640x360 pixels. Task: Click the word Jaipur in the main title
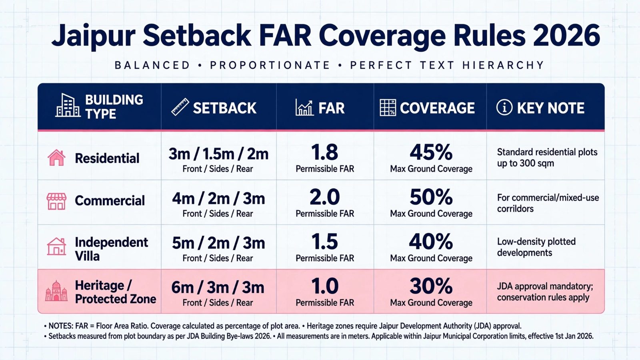pyautogui.click(x=93, y=36)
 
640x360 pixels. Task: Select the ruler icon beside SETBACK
pyautogui.click(x=180, y=107)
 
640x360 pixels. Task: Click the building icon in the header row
pyautogui.click(x=68, y=105)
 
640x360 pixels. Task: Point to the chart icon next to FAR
pyautogui.click(x=304, y=108)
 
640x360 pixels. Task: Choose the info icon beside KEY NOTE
pyautogui.click(x=504, y=108)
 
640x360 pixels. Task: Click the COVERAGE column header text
pyautogui.click(x=437, y=108)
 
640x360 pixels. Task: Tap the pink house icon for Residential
pyautogui.click(x=56, y=158)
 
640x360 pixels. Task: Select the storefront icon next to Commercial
pyautogui.click(x=56, y=201)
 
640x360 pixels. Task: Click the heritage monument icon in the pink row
pyautogui.click(x=56, y=290)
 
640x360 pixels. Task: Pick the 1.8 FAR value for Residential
pyautogui.click(x=324, y=152)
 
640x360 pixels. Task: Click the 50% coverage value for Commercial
pyautogui.click(x=431, y=197)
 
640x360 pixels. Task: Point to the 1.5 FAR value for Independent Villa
pyautogui.click(x=324, y=242)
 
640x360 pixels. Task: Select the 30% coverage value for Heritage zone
pyautogui.click(x=431, y=286)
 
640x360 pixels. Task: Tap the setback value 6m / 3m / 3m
pyautogui.click(x=218, y=288)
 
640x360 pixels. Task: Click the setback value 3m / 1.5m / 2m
pyautogui.click(x=218, y=154)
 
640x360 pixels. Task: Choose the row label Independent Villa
pyautogui.click(x=112, y=249)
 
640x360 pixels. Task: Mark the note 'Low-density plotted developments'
pyautogui.click(x=536, y=247)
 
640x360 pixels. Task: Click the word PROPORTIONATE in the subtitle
pyautogui.click(x=270, y=66)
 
